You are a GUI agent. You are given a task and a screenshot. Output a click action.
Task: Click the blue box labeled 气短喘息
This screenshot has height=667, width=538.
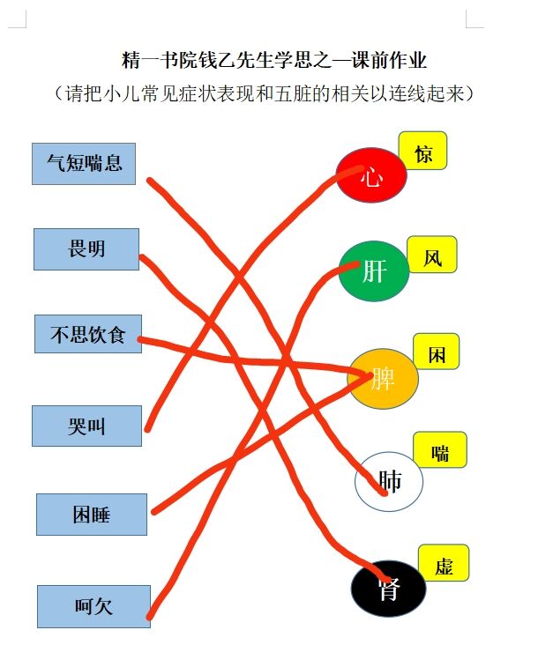pos(84,164)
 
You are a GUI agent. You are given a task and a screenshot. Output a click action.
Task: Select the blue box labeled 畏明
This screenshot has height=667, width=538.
pos(86,249)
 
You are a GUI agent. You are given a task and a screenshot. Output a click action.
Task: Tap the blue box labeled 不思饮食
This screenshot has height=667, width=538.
pos(88,334)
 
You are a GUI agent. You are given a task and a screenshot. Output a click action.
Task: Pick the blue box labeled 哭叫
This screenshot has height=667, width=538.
pos(86,426)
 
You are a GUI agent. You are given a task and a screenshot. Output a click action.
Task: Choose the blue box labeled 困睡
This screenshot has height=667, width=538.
pos(92,515)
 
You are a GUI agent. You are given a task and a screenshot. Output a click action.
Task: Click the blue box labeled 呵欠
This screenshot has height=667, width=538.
pos(93,606)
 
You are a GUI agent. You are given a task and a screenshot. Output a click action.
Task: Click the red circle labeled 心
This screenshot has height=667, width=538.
pos(371,175)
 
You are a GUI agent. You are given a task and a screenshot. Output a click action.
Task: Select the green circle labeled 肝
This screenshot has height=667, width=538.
pos(374,271)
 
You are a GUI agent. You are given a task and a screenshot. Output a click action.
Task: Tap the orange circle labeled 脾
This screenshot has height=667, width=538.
pos(383,379)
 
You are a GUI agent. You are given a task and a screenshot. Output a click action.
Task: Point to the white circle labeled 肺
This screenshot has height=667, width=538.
pos(389,481)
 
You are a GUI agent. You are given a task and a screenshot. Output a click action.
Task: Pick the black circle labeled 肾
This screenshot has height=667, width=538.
pos(388,589)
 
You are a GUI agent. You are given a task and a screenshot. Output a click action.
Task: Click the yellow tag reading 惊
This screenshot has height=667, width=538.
pos(422,151)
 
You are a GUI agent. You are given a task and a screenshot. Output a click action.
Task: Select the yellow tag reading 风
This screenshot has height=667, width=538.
pos(432,255)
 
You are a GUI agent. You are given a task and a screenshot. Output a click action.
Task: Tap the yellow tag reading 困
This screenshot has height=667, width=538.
pos(437,352)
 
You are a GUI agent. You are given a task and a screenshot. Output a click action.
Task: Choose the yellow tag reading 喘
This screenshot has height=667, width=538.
pos(440,450)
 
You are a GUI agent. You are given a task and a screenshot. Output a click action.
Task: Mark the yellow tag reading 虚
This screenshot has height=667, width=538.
pos(444,563)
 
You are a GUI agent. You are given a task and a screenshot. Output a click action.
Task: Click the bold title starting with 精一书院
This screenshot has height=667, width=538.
pos(273,60)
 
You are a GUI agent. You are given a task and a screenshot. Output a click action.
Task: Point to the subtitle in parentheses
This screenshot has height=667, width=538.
pos(264,93)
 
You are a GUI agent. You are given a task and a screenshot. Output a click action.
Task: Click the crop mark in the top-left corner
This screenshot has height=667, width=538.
pos(18,19)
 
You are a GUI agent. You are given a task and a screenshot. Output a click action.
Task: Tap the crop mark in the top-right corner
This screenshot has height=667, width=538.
pos(475,19)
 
